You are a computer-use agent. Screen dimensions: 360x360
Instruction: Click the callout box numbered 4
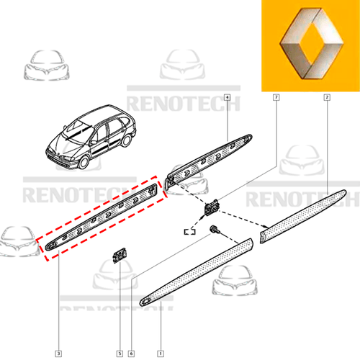[x=227, y=97]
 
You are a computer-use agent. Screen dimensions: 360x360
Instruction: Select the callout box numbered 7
[x=276, y=97]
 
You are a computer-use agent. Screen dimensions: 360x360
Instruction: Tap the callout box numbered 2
[x=327, y=97]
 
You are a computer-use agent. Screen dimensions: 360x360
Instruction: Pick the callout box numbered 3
[x=58, y=354]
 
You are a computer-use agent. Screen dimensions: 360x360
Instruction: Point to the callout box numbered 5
[x=120, y=354]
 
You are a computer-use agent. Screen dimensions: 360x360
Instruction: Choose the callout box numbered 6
[x=131, y=354]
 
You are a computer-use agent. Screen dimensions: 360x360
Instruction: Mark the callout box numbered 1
[x=161, y=354]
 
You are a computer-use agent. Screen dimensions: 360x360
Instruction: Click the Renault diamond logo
[x=311, y=43]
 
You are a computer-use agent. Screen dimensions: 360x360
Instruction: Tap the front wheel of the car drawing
[x=84, y=162]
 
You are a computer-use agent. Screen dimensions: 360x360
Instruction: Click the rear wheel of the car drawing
[x=126, y=140]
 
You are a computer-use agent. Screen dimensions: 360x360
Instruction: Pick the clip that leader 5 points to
[x=120, y=255]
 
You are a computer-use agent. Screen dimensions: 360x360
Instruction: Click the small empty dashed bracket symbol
[x=189, y=232]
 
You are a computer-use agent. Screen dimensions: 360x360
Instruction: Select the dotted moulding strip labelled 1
[x=197, y=272]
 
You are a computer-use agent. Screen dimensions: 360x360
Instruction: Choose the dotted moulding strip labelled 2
[x=303, y=216]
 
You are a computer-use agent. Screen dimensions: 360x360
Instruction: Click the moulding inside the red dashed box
[x=101, y=217]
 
